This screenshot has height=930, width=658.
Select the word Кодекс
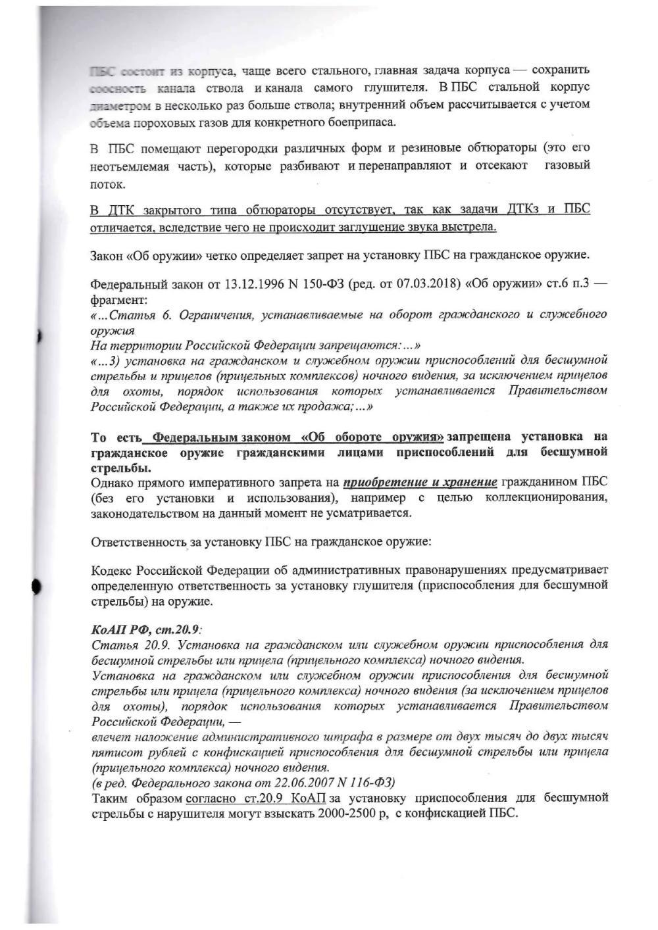click(113, 569)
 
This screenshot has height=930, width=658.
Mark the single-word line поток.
click(103, 184)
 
